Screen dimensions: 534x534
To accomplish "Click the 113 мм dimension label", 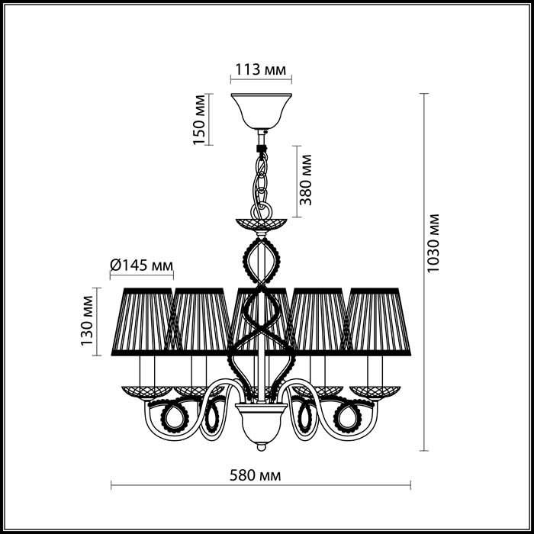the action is point(261,70).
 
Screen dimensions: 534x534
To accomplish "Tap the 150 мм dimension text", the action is point(200,120).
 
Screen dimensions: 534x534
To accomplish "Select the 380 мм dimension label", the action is point(305,180).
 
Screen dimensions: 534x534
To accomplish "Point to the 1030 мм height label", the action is point(433,243).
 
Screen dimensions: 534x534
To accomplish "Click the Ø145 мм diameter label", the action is point(142,265).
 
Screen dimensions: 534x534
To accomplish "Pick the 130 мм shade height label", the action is point(87,321).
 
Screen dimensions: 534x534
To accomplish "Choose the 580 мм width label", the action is point(256,475).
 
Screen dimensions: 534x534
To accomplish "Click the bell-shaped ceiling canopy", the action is point(261,111).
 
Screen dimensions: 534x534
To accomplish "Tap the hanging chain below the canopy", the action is point(262,184).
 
